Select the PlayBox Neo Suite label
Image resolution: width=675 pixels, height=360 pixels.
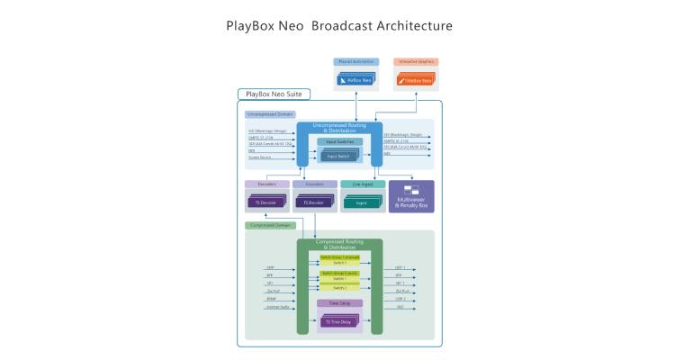tap(274, 94)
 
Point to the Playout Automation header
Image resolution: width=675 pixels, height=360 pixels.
tap(355, 62)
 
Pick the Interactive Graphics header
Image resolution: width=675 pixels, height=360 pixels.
tap(415, 62)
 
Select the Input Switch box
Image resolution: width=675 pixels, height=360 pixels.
tap(339, 157)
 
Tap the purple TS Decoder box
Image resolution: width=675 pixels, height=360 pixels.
tap(265, 203)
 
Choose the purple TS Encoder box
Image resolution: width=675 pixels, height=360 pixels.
tap(314, 203)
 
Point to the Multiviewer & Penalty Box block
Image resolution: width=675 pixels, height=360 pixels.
tap(410, 197)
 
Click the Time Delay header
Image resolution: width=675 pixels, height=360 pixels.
tap(340, 303)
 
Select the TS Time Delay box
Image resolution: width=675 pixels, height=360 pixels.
tap(339, 321)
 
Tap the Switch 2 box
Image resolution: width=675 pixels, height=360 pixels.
tap(339, 288)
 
